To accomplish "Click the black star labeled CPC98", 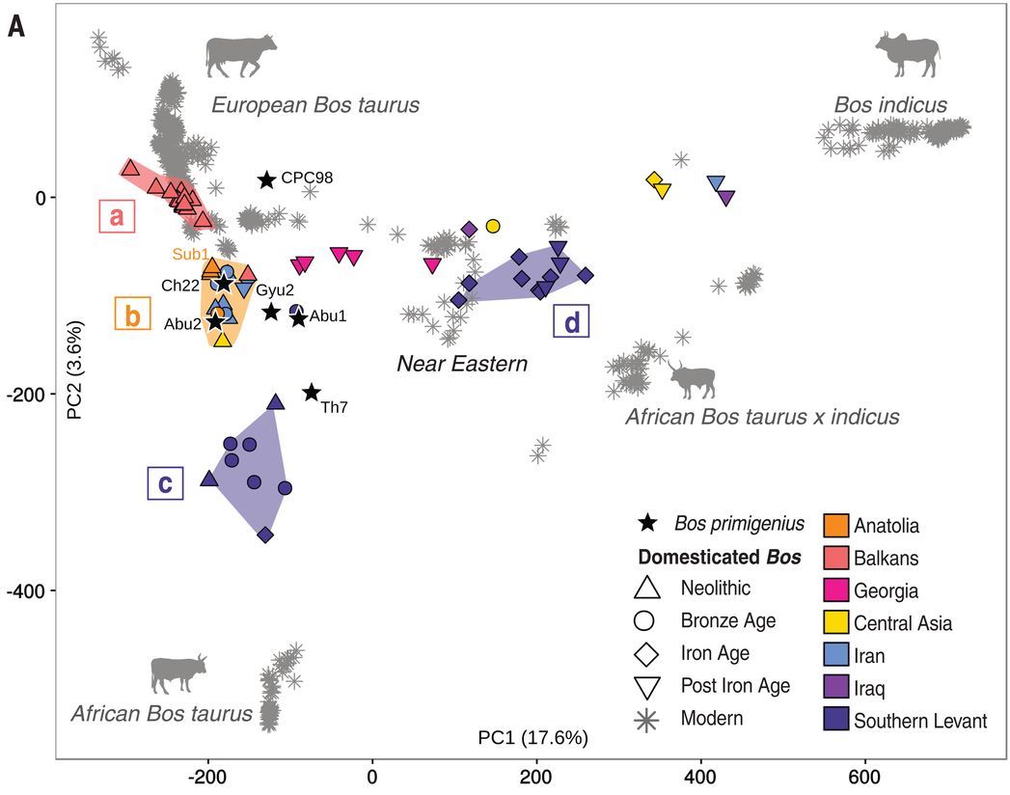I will tap(267, 179).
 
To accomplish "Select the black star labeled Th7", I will tap(312, 393).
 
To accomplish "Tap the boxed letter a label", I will tap(117, 217).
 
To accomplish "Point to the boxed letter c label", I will tap(165, 483).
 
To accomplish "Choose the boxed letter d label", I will tap(572, 322).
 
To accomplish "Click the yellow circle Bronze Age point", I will tap(493, 226).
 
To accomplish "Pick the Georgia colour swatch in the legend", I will tap(836, 590).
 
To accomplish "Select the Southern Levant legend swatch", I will tap(836, 720).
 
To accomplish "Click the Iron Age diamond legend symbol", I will tap(646, 653).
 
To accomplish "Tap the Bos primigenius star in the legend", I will tap(646, 524).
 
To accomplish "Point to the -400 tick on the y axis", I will tap(35, 590).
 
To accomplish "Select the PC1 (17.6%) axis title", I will tap(532, 739).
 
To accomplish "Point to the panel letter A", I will tap(15, 26).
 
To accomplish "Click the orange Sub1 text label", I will tap(190, 254).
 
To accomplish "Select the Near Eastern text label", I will tap(463, 364).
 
